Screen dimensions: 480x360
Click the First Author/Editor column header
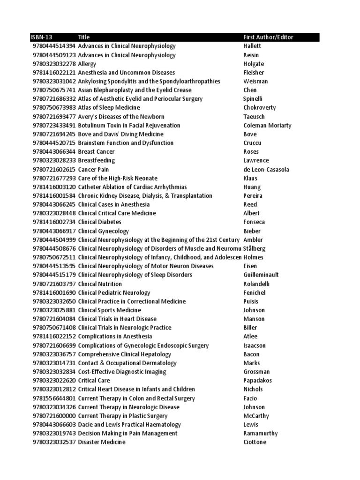(x=269, y=37)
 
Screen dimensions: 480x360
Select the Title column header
(x=84, y=37)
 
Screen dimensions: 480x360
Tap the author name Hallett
(x=252, y=46)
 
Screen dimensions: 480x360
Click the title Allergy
(x=87, y=64)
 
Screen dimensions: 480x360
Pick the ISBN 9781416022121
(x=54, y=73)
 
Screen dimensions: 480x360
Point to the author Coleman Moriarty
(x=267, y=125)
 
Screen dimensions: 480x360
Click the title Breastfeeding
(x=96, y=160)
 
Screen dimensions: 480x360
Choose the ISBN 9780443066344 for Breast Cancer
(x=54, y=151)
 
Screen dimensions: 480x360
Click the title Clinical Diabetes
(x=100, y=222)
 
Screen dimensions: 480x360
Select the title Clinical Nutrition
(x=100, y=284)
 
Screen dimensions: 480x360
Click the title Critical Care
(x=94, y=380)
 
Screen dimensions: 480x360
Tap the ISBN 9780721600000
(x=54, y=416)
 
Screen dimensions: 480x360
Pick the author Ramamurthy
(x=261, y=433)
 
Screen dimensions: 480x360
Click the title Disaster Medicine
(x=102, y=442)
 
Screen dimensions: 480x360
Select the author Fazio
(x=250, y=398)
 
